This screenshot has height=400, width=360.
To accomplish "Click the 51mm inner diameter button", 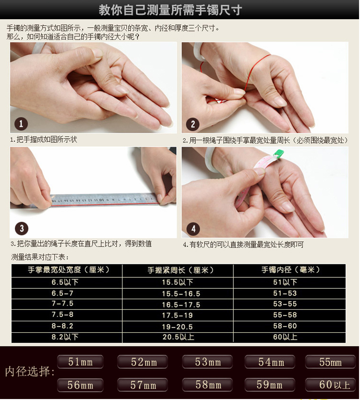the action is [x=80, y=362].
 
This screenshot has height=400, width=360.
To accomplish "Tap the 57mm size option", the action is [x=143, y=385].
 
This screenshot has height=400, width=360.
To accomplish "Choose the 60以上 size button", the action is [x=330, y=385].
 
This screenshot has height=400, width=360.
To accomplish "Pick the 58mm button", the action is [x=207, y=385].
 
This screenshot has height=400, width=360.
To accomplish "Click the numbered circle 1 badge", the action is [x=21, y=124].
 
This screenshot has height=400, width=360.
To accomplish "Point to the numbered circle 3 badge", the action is [x=22, y=228].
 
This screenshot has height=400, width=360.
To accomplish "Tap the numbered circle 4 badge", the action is [x=193, y=229].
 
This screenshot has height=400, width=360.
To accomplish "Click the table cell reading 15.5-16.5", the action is [x=181, y=294].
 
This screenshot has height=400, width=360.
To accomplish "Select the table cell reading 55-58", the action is [x=285, y=315].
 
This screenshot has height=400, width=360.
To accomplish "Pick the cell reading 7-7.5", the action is [x=62, y=304].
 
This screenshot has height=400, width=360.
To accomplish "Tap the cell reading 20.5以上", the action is [x=179, y=337].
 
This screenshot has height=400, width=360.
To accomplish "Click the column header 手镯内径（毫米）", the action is [x=290, y=270].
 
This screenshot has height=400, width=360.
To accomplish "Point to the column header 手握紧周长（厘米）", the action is [x=181, y=270].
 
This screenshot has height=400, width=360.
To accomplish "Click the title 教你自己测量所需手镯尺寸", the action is [x=170, y=10].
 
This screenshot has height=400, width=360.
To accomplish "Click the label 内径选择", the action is [x=30, y=371].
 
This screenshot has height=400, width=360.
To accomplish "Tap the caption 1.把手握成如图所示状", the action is [x=44, y=140].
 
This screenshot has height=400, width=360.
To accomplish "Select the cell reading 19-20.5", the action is [x=177, y=327].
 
